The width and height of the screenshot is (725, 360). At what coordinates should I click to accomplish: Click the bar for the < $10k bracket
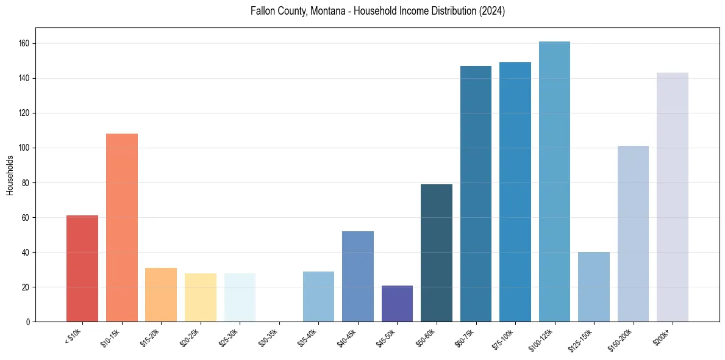[x=82, y=268]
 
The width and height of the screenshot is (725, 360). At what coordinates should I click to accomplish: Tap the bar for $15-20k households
[x=161, y=295]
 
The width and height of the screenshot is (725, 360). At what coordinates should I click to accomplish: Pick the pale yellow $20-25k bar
[x=201, y=297]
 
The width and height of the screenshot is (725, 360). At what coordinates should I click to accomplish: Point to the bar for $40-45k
[x=358, y=276]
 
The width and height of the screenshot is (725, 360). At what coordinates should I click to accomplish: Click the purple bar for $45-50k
[x=397, y=303]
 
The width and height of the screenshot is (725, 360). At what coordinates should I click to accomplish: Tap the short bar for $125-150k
[x=594, y=287]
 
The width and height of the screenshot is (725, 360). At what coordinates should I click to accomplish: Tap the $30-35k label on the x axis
[x=268, y=337]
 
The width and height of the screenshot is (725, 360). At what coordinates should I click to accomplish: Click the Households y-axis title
[x=10, y=175]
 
